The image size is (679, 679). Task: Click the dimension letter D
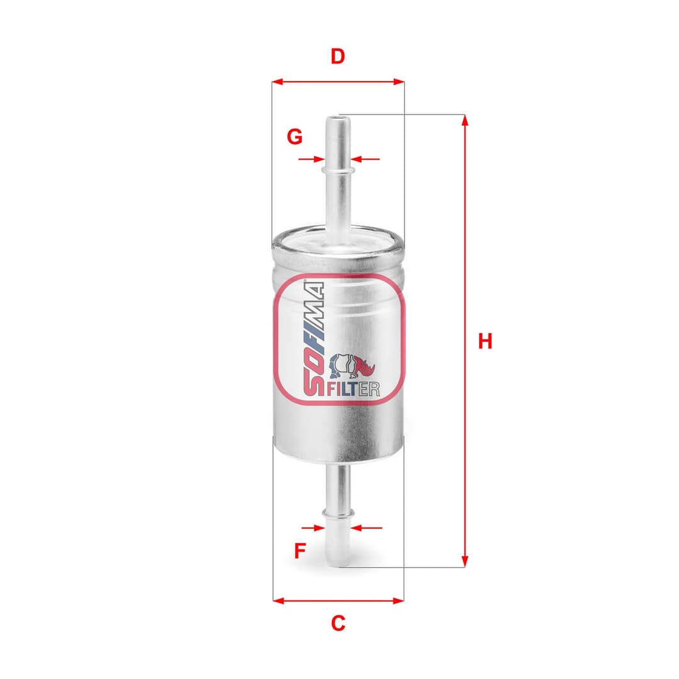click(338, 57)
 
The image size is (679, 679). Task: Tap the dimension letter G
click(295, 136)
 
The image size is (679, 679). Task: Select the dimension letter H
click(485, 341)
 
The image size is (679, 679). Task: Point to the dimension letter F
click(301, 551)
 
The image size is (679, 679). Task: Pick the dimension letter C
click(338, 623)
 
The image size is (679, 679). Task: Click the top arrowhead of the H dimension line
click(465, 119)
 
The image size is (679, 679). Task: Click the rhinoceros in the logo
click(353, 367)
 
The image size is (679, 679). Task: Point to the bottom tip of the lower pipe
click(337, 564)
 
